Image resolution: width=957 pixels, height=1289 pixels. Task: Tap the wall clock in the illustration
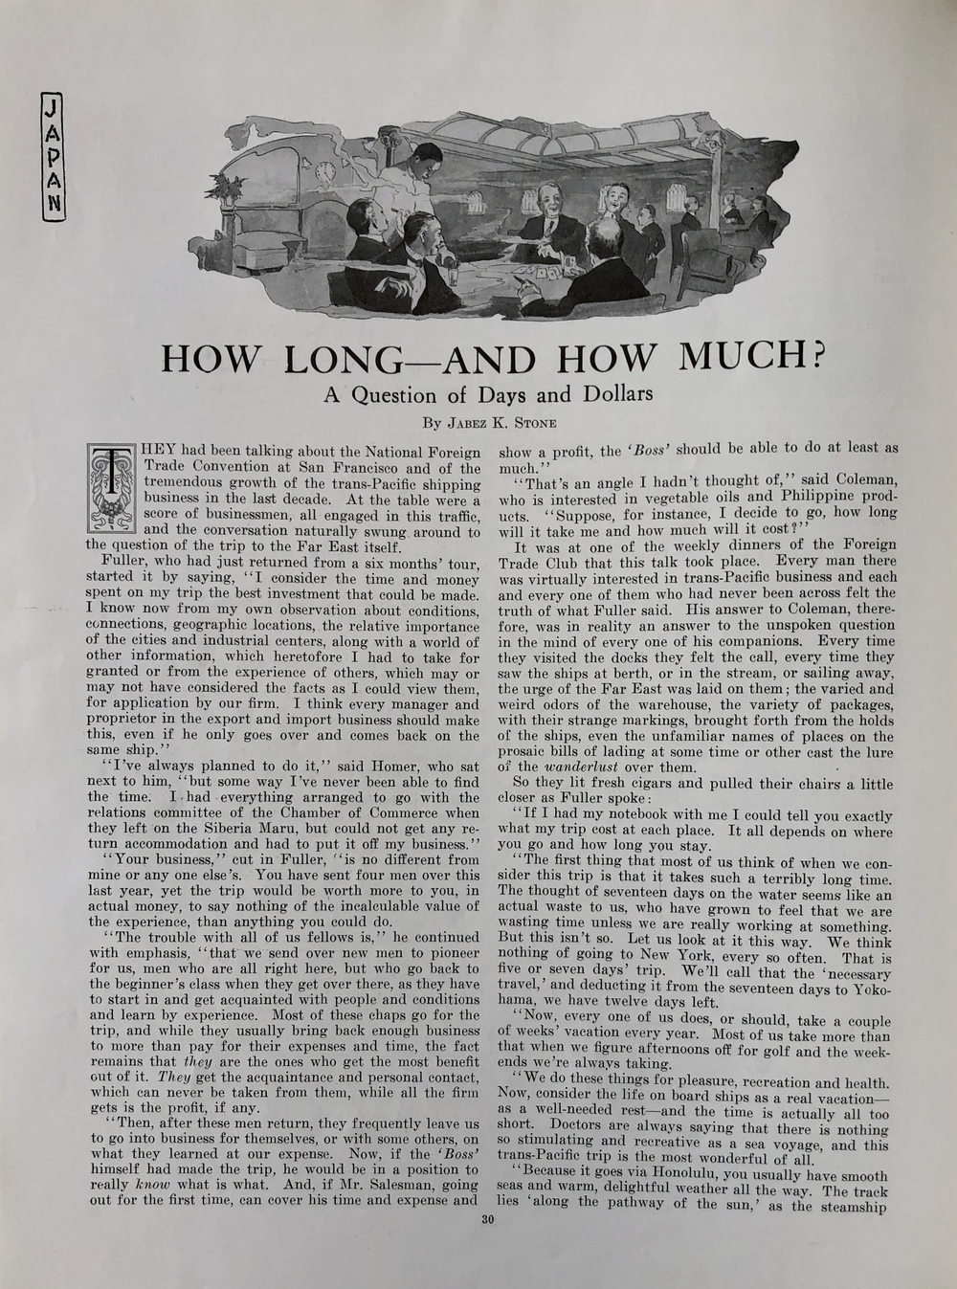[323, 171]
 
